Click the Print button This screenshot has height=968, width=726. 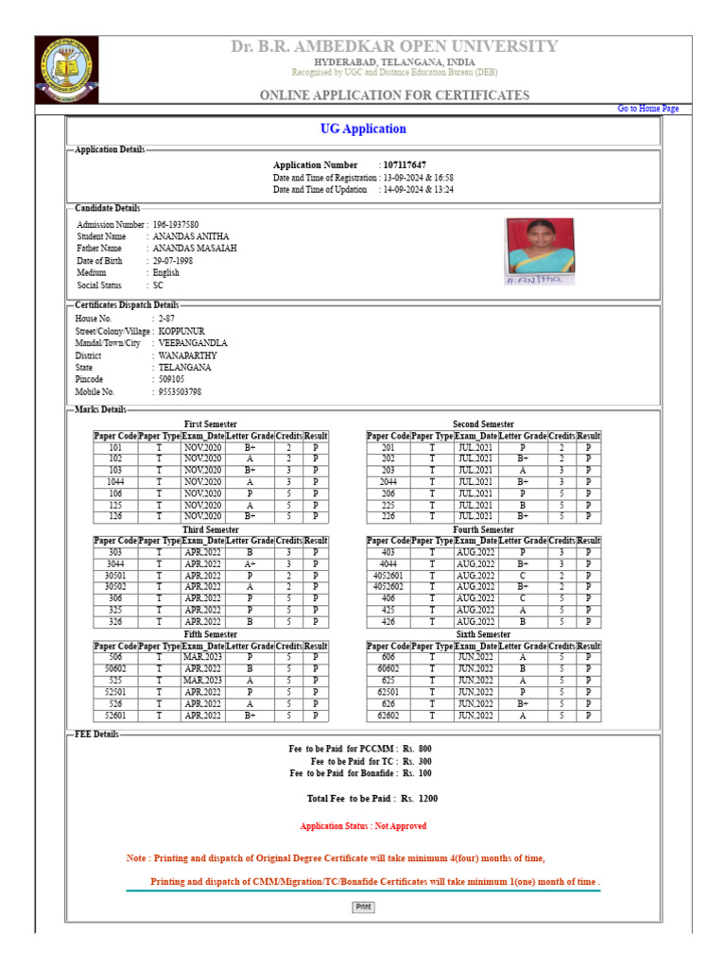(363, 907)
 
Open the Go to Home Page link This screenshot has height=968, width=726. (648, 109)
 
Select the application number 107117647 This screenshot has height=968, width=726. (405, 165)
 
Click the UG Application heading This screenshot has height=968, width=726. (363, 130)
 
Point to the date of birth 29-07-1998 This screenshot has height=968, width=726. (174, 260)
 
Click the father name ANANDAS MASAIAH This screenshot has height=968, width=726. (195, 248)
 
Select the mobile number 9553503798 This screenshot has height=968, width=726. (180, 391)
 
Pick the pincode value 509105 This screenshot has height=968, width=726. (172, 379)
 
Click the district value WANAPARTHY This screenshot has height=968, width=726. (187, 355)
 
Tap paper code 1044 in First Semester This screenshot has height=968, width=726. (115, 481)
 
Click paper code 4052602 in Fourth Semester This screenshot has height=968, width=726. (388, 586)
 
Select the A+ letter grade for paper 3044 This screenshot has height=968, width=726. (250, 563)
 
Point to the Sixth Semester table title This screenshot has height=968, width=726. (483, 634)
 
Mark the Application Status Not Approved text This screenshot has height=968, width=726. (363, 826)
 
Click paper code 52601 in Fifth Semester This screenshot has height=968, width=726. (115, 716)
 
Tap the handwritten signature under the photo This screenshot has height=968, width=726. (535, 280)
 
